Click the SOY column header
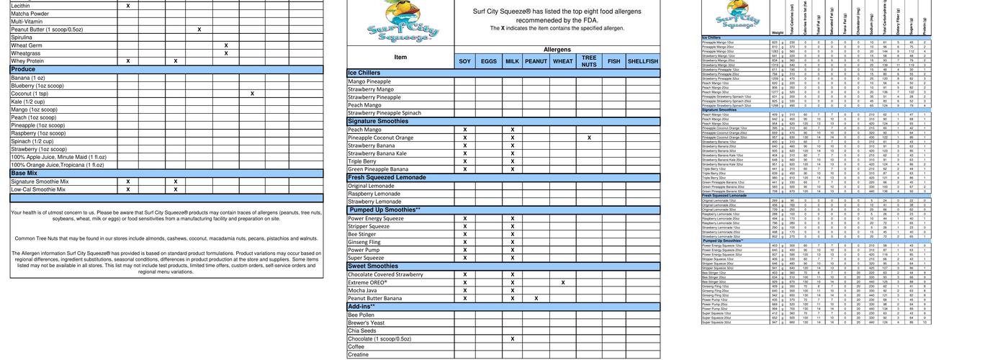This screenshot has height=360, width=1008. tap(465, 62)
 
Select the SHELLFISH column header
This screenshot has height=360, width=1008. tap(643, 62)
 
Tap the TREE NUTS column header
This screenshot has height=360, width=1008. tap(589, 61)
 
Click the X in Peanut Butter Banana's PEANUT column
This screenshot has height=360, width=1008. tap(536, 298)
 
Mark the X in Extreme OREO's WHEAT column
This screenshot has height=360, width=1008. tap(563, 282)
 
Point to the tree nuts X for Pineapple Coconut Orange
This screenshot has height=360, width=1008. tap(589, 138)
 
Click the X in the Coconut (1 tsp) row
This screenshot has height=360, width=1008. tap(252, 94)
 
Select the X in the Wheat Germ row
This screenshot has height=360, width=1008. tap(226, 45)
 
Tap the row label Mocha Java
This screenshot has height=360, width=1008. tap(363, 290)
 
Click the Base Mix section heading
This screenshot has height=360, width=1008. tap(24, 173)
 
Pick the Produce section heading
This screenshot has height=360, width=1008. tap(24, 70)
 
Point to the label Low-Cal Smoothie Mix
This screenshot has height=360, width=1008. tap(40, 189)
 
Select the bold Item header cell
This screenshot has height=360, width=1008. tap(400, 58)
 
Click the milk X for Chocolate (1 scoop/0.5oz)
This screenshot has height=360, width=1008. tap(512, 338)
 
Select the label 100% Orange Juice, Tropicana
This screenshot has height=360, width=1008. tap(58, 165)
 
